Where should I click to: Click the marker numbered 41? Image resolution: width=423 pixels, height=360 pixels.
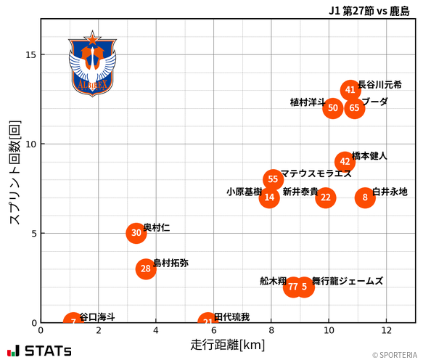click(x=350, y=90)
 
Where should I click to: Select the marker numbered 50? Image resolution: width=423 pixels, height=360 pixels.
click(x=333, y=108)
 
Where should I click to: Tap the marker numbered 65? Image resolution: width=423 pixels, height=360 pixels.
click(x=354, y=108)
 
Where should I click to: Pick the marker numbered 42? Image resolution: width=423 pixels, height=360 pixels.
click(x=345, y=162)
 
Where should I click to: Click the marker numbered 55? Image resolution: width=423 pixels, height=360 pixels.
click(x=273, y=179)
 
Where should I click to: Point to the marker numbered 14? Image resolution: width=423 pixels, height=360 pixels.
click(x=269, y=197)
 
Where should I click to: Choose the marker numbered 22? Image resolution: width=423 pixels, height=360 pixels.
click(x=326, y=197)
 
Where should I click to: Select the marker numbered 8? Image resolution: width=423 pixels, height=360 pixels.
click(x=365, y=197)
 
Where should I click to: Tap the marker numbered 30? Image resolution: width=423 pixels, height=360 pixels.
click(x=136, y=233)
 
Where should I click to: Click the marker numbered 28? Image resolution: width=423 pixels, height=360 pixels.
click(x=146, y=269)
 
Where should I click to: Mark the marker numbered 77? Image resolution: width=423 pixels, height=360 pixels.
click(x=292, y=287)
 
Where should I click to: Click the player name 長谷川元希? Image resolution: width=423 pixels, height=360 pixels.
click(x=379, y=85)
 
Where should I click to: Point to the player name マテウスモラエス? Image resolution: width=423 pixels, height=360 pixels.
click(x=316, y=174)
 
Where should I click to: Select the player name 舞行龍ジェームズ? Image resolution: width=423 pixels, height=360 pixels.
click(x=348, y=281)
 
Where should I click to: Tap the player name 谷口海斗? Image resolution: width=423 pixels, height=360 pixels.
click(x=97, y=317)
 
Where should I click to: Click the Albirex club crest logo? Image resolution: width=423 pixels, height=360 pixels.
click(x=92, y=64)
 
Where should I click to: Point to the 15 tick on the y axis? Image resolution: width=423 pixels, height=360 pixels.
click(x=31, y=54)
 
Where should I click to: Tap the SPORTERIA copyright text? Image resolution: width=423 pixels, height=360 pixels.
click(x=395, y=355)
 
